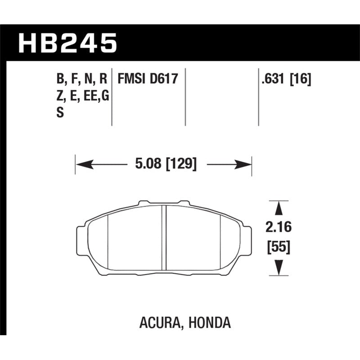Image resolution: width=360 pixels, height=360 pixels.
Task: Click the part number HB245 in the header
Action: point(67,44)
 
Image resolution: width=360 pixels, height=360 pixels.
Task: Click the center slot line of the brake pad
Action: point(165,238)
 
